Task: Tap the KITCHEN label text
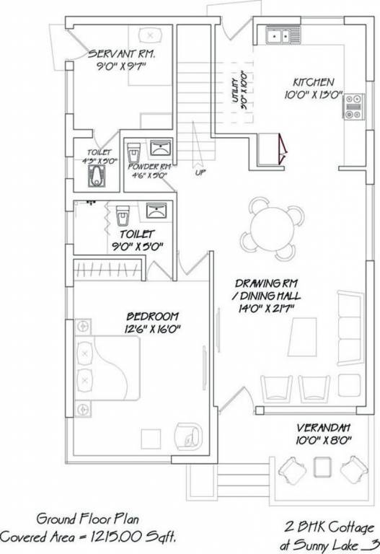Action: tap(314, 82)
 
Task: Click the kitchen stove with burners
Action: tap(353, 106)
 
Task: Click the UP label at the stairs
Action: tap(199, 172)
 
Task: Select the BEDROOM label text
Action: tap(154, 317)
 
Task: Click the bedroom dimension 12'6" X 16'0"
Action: tap(154, 329)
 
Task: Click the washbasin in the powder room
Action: tap(159, 149)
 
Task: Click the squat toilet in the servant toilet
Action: tap(97, 176)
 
